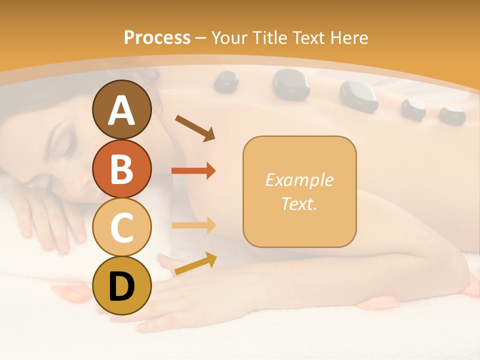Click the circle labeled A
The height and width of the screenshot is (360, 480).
pyautogui.click(x=121, y=109)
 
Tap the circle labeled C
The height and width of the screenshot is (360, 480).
pyautogui.click(x=121, y=227)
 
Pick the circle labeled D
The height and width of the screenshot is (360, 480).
pyautogui.click(x=121, y=285)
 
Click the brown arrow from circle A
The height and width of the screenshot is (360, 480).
pyautogui.click(x=194, y=127)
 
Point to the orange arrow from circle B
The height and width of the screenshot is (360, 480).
pyautogui.click(x=193, y=171)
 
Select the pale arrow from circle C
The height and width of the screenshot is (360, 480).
pyautogui.click(x=193, y=225)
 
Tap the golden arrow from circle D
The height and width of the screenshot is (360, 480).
pyautogui.click(x=195, y=263)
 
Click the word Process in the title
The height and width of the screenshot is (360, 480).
pyautogui.click(x=157, y=37)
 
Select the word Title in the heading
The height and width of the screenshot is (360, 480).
pyautogui.click(x=269, y=37)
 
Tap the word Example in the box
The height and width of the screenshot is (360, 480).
pyautogui.click(x=299, y=180)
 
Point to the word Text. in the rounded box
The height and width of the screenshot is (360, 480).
pyautogui.click(x=299, y=204)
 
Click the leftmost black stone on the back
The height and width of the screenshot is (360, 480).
pyautogui.click(x=226, y=82)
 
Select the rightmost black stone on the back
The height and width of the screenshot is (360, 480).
pyautogui.click(x=452, y=115)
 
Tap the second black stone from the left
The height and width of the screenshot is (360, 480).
pyautogui.click(x=290, y=83)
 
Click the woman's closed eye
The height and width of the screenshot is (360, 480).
pyautogui.click(x=68, y=145)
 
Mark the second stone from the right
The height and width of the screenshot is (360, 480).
pyautogui.click(x=413, y=109)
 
